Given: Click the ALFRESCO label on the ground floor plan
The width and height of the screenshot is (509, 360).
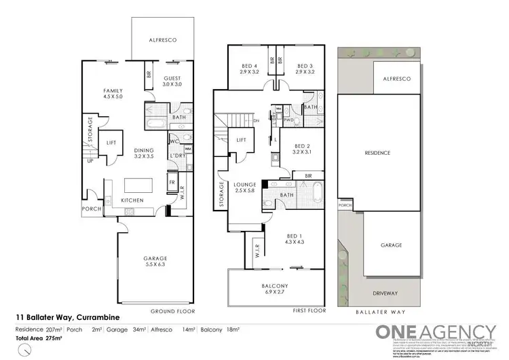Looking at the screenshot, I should pyautogui.click(x=163, y=41).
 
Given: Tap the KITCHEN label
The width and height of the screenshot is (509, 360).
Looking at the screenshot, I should pyautogui.click(x=131, y=201).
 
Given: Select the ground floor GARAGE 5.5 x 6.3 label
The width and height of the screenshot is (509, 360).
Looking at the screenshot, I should pyautogui.click(x=155, y=262).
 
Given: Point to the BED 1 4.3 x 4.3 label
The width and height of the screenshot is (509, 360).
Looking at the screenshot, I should pyautogui.click(x=295, y=239).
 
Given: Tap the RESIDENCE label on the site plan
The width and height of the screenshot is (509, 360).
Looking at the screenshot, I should pyautogui.click(x=377, y=153).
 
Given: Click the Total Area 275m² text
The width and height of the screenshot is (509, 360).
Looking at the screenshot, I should pyautogui.click(x=39, y=337).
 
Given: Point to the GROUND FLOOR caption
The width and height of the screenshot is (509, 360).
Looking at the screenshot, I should pyautogui.click(x=172, y=310).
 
